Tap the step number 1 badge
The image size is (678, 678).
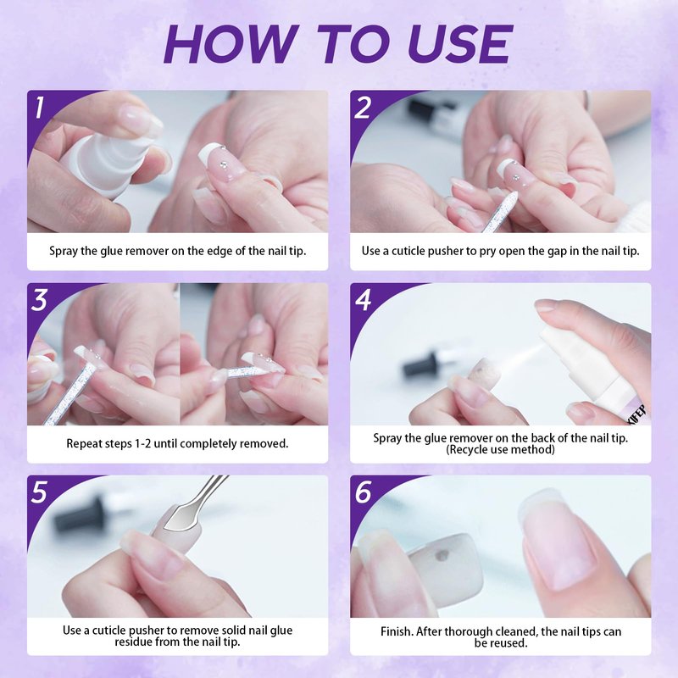[x=40, y=108]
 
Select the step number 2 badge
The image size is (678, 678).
[x=363, y=108]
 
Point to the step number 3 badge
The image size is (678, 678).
[x=39, y=300]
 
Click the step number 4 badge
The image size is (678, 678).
[x=363, y=300]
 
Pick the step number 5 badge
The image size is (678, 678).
[x=39, y=492]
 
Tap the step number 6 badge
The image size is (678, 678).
[x=363, y=492]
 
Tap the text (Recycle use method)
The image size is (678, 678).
[x=500, y=450]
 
